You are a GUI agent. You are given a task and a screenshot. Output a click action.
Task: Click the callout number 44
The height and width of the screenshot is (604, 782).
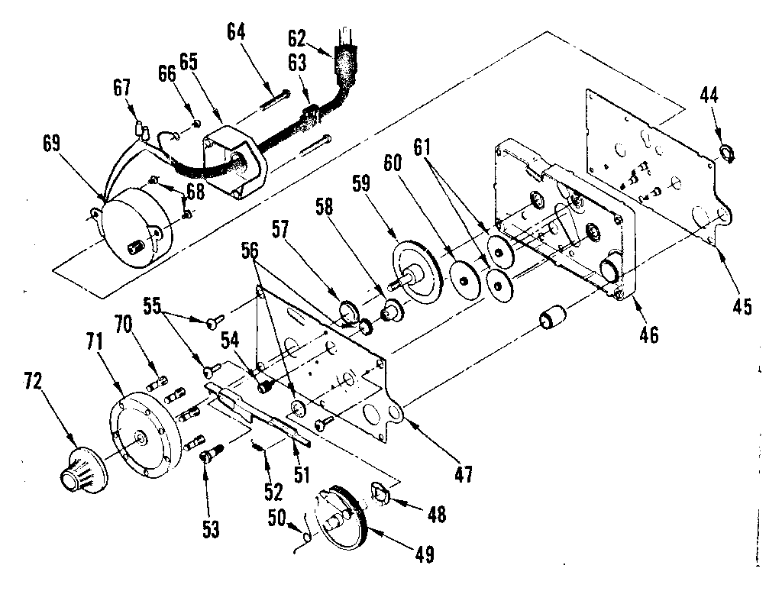710,95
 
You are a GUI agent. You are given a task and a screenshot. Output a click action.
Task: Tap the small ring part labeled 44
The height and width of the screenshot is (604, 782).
728,156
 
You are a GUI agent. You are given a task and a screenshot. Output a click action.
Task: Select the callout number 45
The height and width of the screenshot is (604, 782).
742,307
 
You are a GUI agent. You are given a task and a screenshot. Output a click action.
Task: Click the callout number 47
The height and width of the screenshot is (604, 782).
463,473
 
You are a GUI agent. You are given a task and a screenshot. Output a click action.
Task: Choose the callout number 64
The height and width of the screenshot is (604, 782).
238,33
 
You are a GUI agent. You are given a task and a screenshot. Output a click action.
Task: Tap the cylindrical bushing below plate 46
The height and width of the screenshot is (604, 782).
554,317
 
